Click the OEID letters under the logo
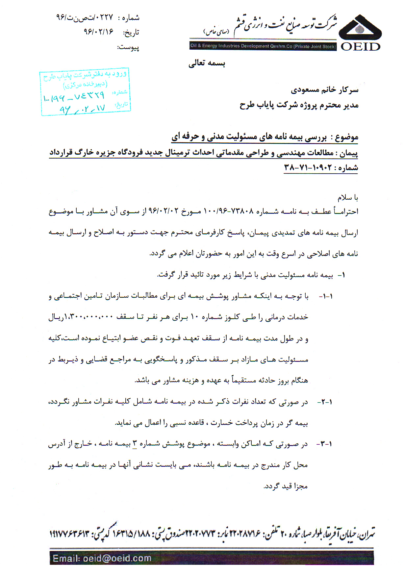pyautogui.click(x=361, y=47)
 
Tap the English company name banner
pyautogui.click(x=263, y=46)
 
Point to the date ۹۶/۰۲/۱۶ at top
pyautogui.click(x=98, y=32)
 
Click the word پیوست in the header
pyautogui.click(x=128, y=47)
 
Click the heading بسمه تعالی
pyautogui.click(x=207, y=63)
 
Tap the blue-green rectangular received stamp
pyautogui.click(x=86, y=92)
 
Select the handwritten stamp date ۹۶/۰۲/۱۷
pyautogui.click(x=82, y=109)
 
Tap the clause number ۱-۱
pyautogui.click(x=326, y=296)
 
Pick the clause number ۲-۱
pyautogui.click(x=325, y=402)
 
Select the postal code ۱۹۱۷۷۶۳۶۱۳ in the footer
pyautogui.click(x=69, y=533)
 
